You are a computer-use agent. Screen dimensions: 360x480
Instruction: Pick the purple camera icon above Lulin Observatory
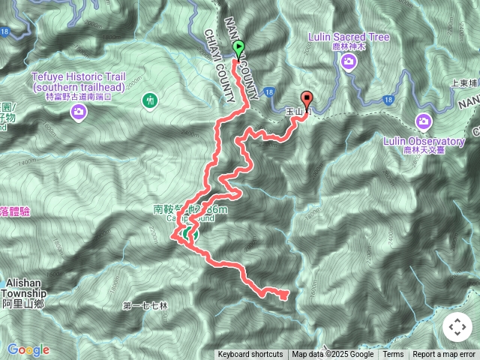tap(424, 121)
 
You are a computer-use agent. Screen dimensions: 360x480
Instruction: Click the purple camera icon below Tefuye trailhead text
tap(79, 112)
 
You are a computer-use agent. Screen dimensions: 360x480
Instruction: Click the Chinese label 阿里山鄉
tap(24, 304)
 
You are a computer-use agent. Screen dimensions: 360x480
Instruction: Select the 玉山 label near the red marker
tap(295, 112)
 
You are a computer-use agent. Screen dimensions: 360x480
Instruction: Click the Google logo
tap(28, 349)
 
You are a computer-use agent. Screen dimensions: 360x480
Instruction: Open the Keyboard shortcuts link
tap(250, 355)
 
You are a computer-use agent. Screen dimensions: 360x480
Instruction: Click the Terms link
tap(393, 355)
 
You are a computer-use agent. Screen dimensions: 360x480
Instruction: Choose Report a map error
tap(444, 355)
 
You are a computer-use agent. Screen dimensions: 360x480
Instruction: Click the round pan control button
tap(457, 327)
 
